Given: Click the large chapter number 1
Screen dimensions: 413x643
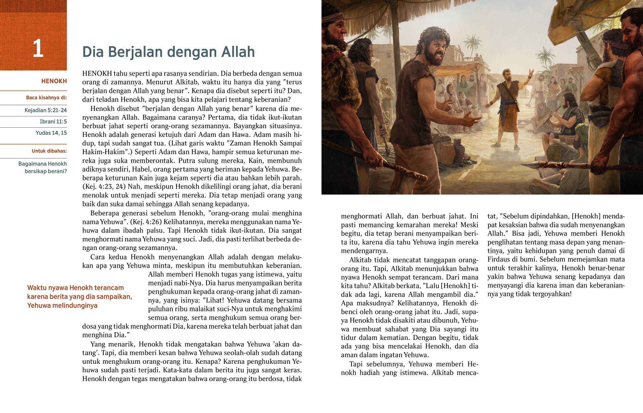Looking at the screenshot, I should (38, 48).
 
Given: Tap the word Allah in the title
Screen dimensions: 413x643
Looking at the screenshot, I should (238, 52).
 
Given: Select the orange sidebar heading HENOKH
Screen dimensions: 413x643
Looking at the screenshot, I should (54, 81).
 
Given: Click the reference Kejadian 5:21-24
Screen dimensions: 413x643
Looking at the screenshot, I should (46, 110).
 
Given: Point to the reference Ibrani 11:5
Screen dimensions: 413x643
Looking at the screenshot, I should (53, 122).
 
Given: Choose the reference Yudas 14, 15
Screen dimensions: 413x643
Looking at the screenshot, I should (51, 133).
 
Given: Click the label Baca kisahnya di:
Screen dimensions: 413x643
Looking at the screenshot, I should (46, 98).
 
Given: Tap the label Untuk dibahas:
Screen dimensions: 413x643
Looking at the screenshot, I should (49, 151).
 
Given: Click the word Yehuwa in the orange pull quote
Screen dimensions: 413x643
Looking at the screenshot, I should (39, 305).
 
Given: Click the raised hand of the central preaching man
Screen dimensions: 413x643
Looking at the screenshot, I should (530, 73).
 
